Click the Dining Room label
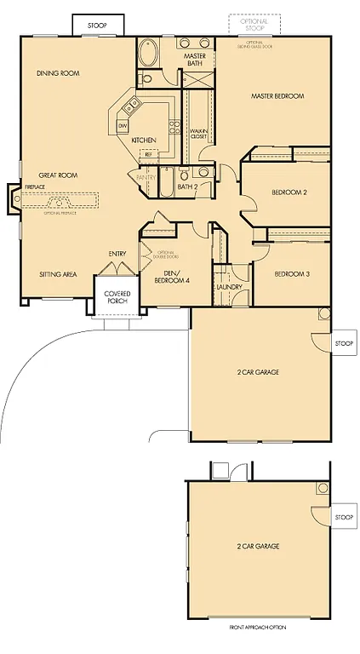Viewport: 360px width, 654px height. pos(58,73)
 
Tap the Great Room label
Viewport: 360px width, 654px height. pos(57,175)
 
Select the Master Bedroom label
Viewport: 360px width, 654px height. pos(277,96)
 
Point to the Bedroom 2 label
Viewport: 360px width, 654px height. pos(289,192)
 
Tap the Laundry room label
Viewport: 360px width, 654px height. pos(230,287)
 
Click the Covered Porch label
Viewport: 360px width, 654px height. pos(117,297)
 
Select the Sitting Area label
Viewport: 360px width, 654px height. pos(58,274)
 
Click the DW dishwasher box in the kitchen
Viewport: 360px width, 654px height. pos(123,126)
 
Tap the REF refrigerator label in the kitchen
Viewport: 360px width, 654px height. pos(148,154)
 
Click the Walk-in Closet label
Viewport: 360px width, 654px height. pos(198,134)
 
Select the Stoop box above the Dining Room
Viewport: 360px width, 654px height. pos(97,25)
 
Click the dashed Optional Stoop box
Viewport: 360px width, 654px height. pos(254,26)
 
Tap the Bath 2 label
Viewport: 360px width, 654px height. pos(187,186)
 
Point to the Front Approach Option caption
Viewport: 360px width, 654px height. pos(258,627)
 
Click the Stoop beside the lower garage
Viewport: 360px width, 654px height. pos(343,517)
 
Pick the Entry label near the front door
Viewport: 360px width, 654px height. pos(117,254)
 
